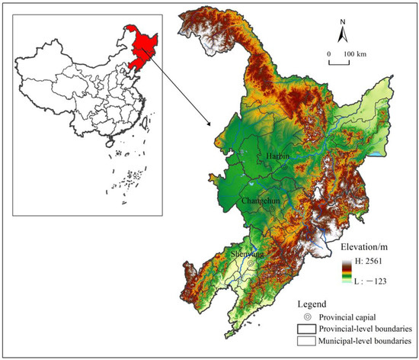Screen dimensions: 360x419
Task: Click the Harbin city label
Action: pos(279,156)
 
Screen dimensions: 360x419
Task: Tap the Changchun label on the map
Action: pos(261,201)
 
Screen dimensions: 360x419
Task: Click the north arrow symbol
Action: pos(343,34)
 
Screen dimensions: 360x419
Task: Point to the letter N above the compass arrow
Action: pos(343,22)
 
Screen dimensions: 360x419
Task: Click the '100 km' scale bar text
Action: pos(352,54)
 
